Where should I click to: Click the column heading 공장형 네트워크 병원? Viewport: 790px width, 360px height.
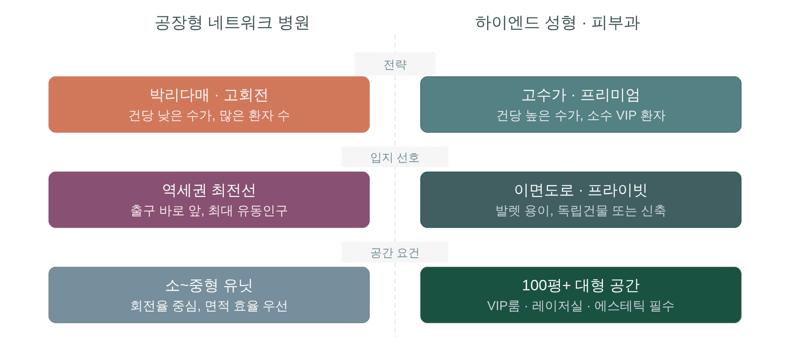click(x=232, y=23)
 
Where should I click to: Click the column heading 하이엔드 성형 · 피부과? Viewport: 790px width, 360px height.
click(x=557, y=23)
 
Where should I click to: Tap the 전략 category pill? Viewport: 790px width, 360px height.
click(x=395, y=64)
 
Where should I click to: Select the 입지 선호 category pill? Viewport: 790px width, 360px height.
click(x=395, y=157)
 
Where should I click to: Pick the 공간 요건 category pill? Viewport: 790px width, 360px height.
click(x=395, y=252)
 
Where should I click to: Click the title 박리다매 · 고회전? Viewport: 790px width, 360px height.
click(x=209, y=95)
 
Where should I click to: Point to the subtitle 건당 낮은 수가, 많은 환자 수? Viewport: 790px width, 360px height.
click(x=209, y=115)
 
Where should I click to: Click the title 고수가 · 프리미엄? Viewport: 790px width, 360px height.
click(x=580, y=95)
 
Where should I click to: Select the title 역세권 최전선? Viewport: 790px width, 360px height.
click(x=209, y=190)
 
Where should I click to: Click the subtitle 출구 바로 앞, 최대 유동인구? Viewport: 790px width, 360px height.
click(x=209, y=211)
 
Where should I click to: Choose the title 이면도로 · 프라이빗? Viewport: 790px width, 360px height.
click(x=580, y=190)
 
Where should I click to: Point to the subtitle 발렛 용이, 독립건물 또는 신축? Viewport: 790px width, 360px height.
click(x=580, y=211)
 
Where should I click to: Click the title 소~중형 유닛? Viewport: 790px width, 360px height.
click(x=209, y=286)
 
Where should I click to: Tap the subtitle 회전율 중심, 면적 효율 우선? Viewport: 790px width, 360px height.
click(x=209, y=306)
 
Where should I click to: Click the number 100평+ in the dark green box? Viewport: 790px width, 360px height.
click(x=546, y=286)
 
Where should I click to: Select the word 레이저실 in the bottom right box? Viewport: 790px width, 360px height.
click(x=557, y=306)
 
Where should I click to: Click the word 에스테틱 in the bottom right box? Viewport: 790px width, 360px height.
click(x=620, y=306)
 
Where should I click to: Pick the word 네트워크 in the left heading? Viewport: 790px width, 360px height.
click(x=240, y=23)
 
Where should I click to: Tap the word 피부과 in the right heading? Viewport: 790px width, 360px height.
click(x=616, y=23)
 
